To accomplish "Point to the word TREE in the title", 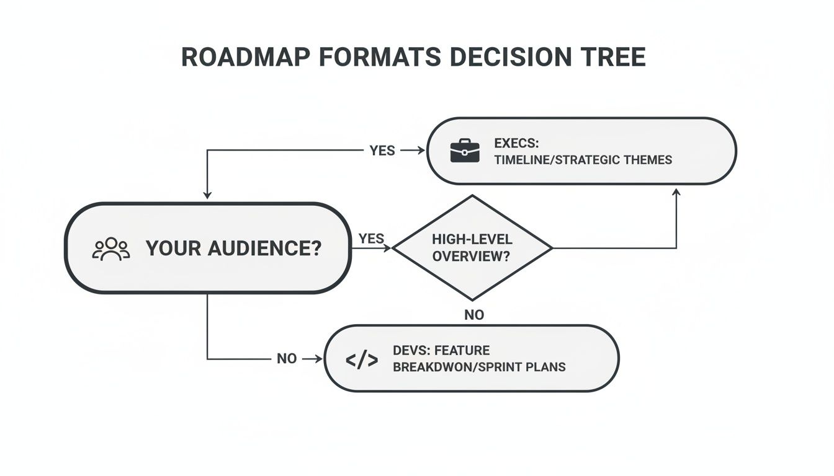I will [x=614, y=57].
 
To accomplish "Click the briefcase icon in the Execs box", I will [x=464, y=151].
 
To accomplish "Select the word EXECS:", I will [x=516, y=143].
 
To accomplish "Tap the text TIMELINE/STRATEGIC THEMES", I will [x=583, y=160].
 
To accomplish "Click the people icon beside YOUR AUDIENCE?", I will [x=111, y=249].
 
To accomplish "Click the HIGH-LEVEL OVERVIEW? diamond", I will [x=472, y=248].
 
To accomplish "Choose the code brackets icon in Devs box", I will [x=361, y=359].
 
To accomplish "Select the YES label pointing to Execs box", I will [x=382, y=151].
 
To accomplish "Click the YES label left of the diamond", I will [x=371, y=239].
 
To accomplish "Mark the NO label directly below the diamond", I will [x=473, y=315].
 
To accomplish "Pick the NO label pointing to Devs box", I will [x=287, y=359].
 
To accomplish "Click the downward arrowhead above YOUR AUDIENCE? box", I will [x=207, y=195].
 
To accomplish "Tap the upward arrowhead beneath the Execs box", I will [x=676, y=193].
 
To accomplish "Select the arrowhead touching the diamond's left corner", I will [x=388, y=248].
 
